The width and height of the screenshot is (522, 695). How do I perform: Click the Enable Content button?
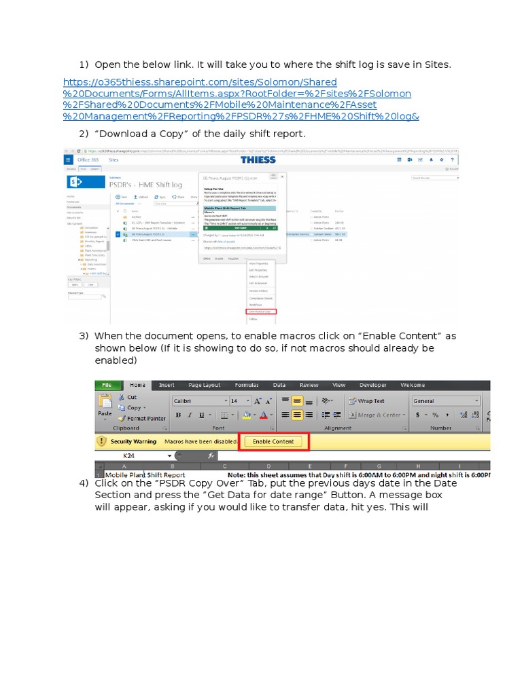[273, 442]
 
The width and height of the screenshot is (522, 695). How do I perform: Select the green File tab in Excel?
[107, 385]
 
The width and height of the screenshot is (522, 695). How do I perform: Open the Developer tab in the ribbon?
[372, 385]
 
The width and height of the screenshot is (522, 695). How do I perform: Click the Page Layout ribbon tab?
[205, 385]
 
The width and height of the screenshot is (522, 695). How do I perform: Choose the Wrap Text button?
[366, 401]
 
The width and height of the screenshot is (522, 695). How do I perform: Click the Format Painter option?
[142, 418]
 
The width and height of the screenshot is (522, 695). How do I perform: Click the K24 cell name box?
[128, 456]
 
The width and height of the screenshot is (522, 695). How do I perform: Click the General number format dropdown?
[445, 401]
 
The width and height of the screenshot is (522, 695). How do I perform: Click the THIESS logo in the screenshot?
[258, 159]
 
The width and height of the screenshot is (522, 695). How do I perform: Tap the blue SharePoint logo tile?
[75, 182]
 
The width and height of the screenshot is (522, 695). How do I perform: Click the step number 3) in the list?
[84, 336]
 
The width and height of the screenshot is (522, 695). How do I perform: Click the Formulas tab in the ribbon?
[247, 385]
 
